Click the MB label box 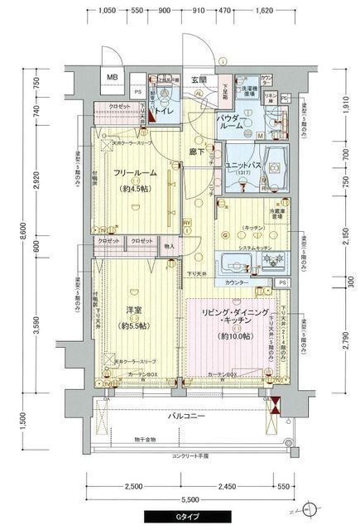coord(110,79)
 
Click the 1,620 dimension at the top coord(264,12)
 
